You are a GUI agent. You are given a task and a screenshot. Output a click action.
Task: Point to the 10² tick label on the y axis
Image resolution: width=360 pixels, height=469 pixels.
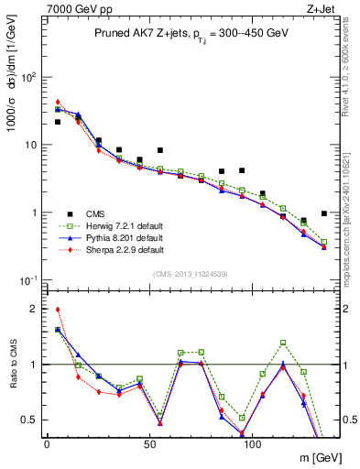click(30, 76)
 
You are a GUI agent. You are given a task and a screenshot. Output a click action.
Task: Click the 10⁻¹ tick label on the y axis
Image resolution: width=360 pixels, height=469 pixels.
click(30, 279)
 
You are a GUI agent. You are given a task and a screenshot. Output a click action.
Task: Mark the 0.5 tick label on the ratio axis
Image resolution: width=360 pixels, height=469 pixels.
click(31, 420)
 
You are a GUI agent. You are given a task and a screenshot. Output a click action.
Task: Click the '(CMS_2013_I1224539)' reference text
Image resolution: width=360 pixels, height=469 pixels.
click(191, 275)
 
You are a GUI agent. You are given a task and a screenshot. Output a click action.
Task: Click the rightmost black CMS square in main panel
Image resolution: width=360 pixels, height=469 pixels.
click(324, 213)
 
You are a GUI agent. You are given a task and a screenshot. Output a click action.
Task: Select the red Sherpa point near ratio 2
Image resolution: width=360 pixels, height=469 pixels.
click(58, 310)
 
